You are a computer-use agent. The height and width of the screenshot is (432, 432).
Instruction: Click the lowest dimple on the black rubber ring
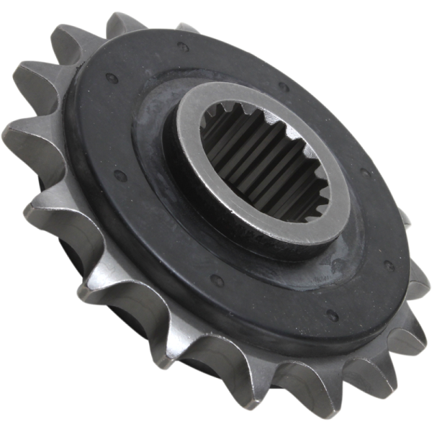click(x=333, y=315)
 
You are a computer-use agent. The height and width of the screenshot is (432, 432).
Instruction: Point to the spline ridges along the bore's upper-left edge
click(x=216, y=122)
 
